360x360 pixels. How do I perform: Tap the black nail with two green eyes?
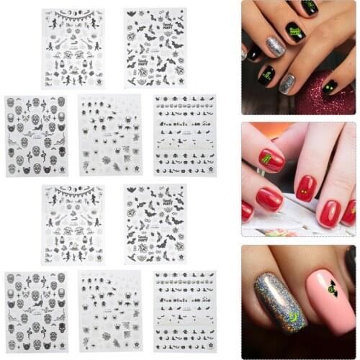coord(330,86)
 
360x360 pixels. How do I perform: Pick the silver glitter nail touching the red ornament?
coord(287,84)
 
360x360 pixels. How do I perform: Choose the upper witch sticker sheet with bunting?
coord(73,48)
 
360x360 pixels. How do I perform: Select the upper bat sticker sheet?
coord(155,48)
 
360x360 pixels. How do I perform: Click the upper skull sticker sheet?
coord(37,135)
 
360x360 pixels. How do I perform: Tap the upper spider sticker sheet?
coord(109,135)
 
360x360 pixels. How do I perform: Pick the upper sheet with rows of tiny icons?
coord(184,135)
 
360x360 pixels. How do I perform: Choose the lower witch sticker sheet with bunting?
coord(73,224)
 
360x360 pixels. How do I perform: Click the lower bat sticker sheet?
coord(155,224)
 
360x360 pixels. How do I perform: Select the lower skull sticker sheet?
coord(37,311)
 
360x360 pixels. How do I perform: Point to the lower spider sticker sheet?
coord(109,311)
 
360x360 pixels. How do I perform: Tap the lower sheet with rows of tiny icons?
coord(184,311)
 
